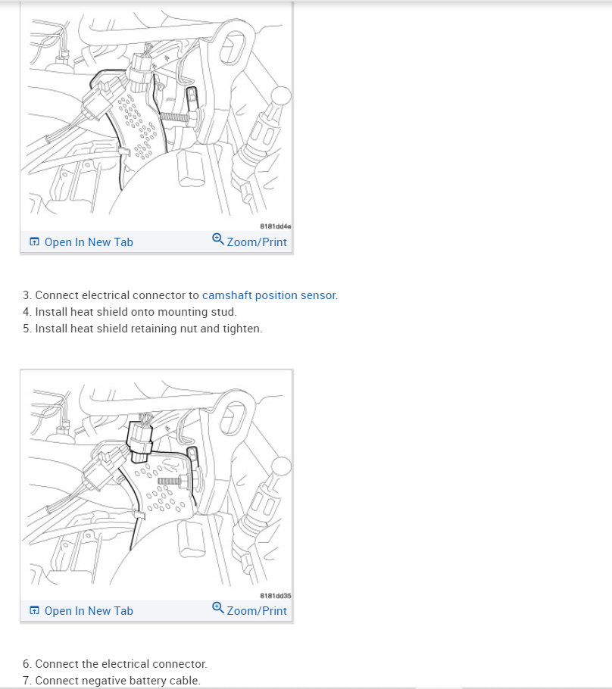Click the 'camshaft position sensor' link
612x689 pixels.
click(269, 295)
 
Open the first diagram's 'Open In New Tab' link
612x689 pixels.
click(81, 242)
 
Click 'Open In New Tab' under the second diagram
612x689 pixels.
click(81, 611)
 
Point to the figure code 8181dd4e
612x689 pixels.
click(275, 226)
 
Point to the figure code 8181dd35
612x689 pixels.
click(275, 596)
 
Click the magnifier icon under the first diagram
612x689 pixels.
click(218, 238)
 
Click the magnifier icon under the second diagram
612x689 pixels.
click(218, 607)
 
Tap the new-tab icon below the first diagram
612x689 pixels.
click(34, 242)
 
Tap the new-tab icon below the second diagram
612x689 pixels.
click(34, 610)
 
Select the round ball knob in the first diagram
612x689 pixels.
click(280, 95)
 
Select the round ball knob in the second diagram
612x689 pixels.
click(281, 466)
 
